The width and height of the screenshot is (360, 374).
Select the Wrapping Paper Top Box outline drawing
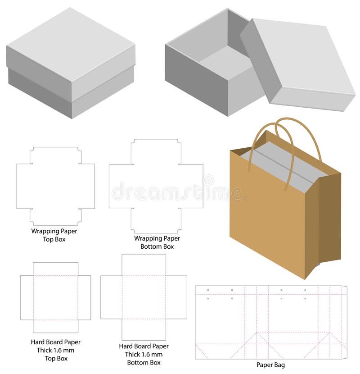coord(55,186)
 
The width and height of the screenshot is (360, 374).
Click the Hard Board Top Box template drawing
coord(55,297)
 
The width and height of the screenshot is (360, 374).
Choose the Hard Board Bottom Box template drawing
coord(144,297)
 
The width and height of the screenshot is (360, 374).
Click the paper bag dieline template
coord(270,322)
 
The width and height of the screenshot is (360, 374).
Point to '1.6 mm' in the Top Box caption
coord(63,351)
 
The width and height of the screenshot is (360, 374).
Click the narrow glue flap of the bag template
coord(344,322)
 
